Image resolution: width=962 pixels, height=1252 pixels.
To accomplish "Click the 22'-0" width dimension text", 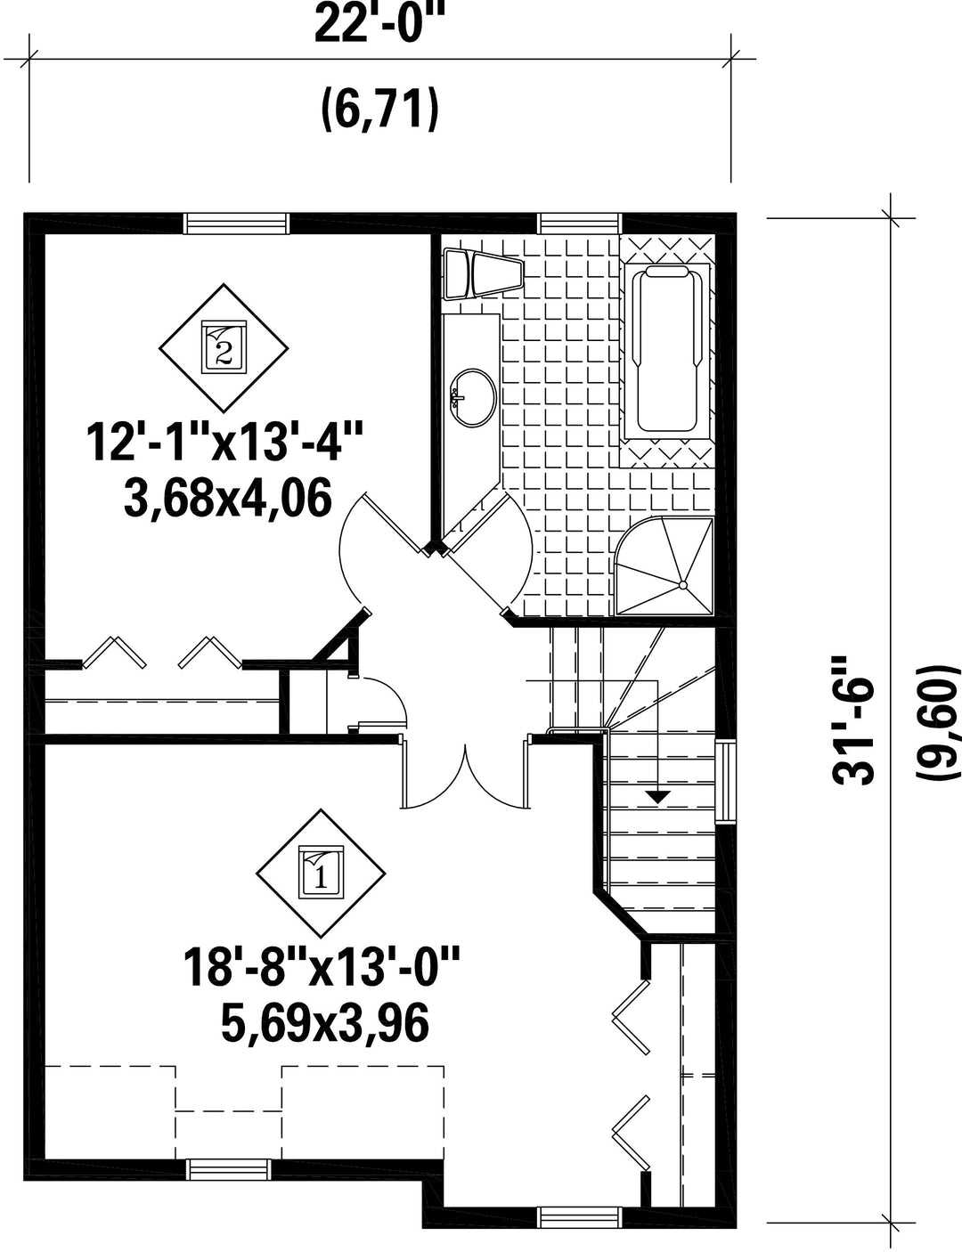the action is point(380,22).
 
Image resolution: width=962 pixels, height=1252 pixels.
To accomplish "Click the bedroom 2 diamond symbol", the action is point(224,347).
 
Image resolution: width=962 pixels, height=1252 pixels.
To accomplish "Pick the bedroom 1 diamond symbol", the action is point(321,874).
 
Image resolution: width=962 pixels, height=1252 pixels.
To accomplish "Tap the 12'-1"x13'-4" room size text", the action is point(225,442).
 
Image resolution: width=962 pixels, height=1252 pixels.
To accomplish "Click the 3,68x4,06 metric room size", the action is point(228,498).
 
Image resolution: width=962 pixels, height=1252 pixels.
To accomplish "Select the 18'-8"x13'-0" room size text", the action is point(322,967).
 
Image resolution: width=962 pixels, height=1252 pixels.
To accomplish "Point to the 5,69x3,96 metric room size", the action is point(325,1024).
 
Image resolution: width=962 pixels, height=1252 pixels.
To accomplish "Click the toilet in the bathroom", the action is point(483,273).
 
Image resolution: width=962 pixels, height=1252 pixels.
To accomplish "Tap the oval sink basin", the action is point(474,397).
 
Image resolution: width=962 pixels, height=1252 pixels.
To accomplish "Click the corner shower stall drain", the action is point(683,585).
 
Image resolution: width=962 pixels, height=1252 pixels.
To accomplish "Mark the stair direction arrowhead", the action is point(658,797).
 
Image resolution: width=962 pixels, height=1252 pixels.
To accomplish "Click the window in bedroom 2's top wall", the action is point(236,224).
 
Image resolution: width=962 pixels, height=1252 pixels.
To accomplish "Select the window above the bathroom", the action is point(580,224).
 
